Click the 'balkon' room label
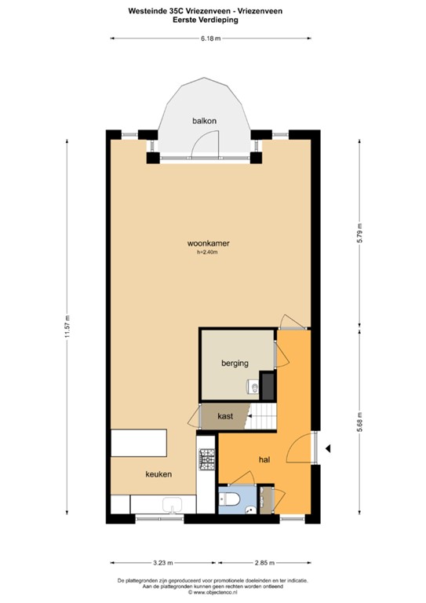(205, 120)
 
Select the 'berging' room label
(235, 364)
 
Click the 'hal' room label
(264, 460)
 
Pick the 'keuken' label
(158, 474)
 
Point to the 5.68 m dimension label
(360, 426)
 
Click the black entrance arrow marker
(330, 448)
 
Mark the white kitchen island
(141, 443)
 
